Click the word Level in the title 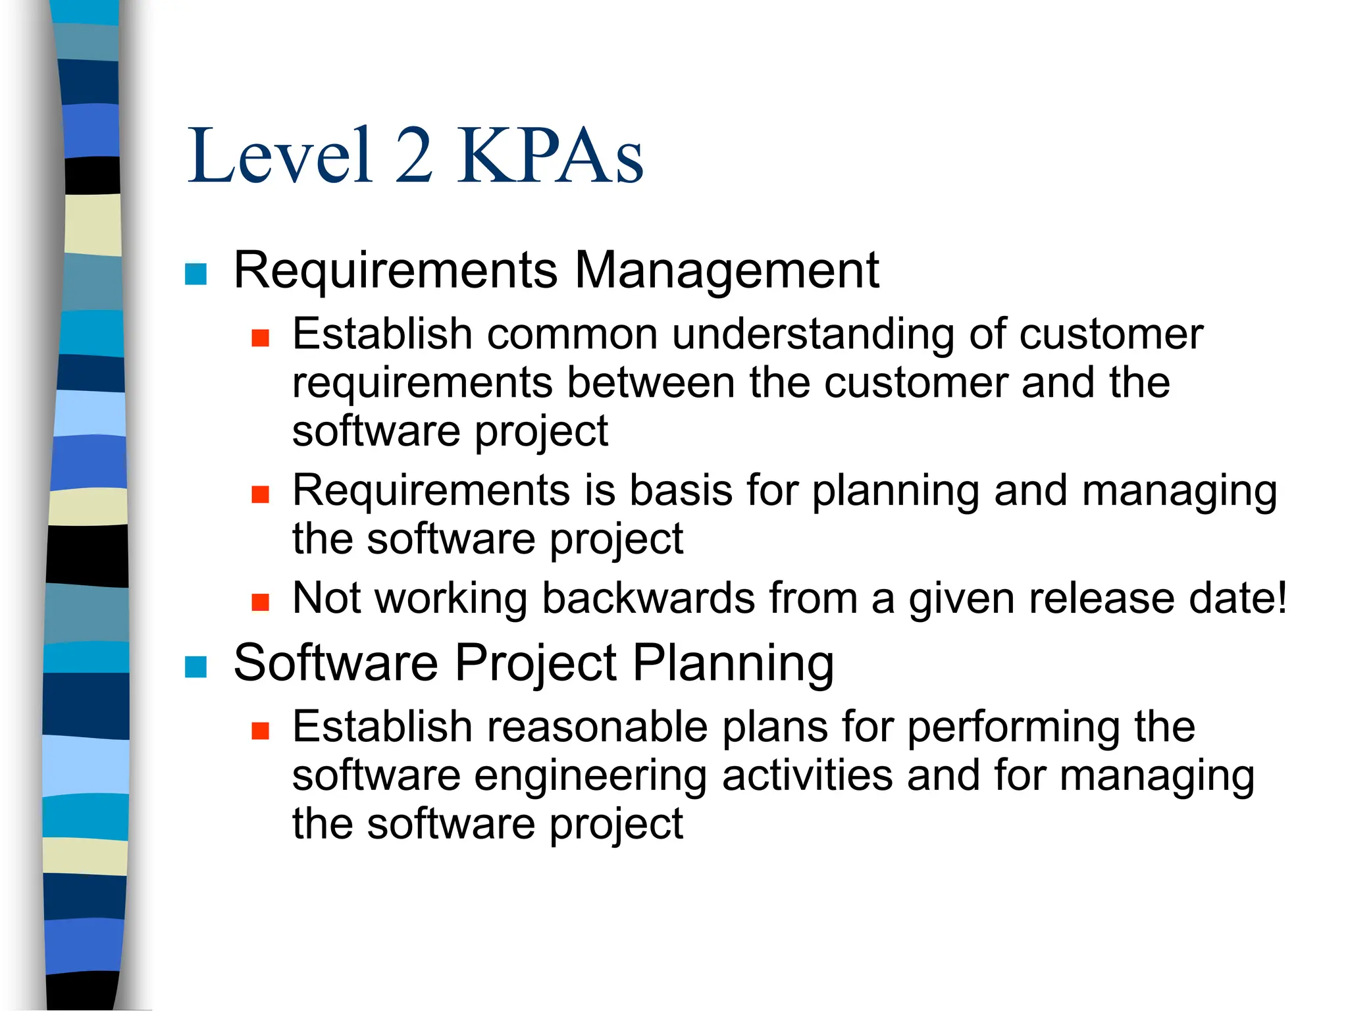[x=280, y=156]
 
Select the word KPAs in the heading [x=550, y=156]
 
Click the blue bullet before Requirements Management [x=196, y=273]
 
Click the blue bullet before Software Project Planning [x=196, y=666]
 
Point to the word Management [x=727, y=270]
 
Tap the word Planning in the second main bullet [x=733, y=663]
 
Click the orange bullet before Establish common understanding [x=261, y=338]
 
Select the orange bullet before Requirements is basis [x=261, y=494]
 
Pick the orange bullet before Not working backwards [x=261, y=602]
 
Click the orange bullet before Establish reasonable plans [x=261, y=731]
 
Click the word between [x=650, y=382]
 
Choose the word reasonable [x=597, y=727]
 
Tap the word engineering [x=590, y=777]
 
